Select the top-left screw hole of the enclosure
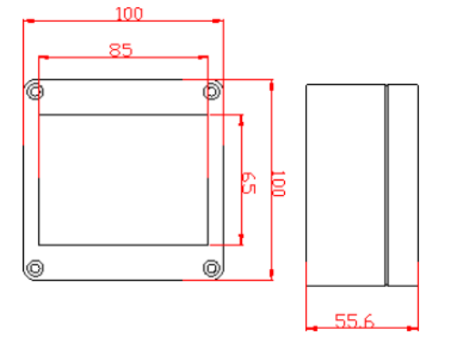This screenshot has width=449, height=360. pos(35,90)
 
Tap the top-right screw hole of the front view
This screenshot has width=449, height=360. pos(212,90)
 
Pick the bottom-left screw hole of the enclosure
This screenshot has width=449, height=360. pos(35,268)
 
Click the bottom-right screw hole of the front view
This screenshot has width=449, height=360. pos(212,268)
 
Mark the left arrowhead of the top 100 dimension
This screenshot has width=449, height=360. pos(27,20)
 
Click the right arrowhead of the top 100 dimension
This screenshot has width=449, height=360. pos(219,20)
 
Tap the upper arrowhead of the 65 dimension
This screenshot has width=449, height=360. pos(241,119)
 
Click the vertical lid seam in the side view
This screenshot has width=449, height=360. pos(386,182)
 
